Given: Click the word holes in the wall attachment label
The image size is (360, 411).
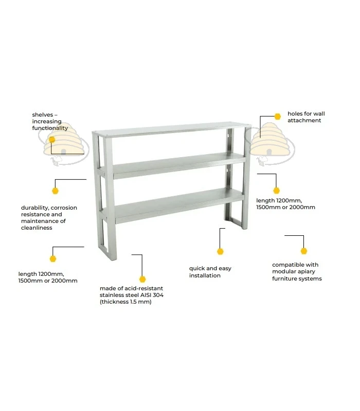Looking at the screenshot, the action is pyautogui.click(x=295, y=114).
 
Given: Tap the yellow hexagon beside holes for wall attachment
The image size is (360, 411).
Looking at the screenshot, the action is pyautogui.click(x=277, y=117).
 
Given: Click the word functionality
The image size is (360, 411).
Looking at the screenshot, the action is pyautogui.click(x=50, y=128).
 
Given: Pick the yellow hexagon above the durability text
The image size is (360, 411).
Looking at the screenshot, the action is pyautogui.click(x=55, y=191).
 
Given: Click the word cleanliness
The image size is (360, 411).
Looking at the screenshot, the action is pyautogui.click(x=37, y=228).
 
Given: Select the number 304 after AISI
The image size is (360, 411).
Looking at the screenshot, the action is pyautogui.click(x=158, y=295).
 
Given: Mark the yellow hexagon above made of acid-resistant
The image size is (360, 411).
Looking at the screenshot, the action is pyautogui.click(x=142, y=279).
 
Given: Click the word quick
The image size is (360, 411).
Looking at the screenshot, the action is pyautogui.click(x=197, y=269).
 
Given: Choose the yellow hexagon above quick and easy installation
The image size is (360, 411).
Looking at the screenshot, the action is pyautogui.click(x=220, y=252).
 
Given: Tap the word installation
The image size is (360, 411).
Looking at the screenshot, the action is pyautogui.click(x=205, y=275).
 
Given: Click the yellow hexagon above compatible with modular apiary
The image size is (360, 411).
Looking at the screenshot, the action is pyautogui.click(x=304, y=251).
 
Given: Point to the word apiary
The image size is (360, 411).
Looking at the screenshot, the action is pyautogui.click(x=307, y=272).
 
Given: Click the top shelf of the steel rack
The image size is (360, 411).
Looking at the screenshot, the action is pyautogui.click(x=172, y=129).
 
